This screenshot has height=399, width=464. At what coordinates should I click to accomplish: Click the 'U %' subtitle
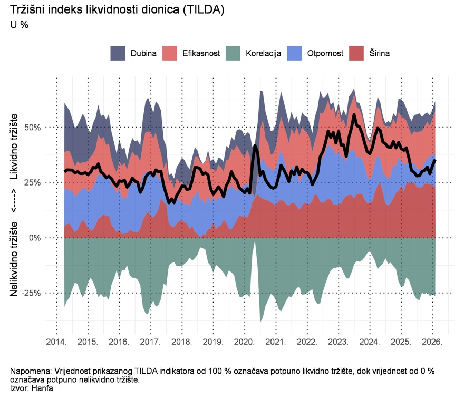(x=20, y=25)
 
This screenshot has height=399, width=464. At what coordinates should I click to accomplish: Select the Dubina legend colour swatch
(x=118, y=53)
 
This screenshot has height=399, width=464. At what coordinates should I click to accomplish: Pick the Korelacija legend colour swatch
(x=233, y=53)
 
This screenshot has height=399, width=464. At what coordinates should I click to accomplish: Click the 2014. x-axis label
(x=56, y=342)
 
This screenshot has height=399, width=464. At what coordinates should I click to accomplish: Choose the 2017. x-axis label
(x=150, y=342)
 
